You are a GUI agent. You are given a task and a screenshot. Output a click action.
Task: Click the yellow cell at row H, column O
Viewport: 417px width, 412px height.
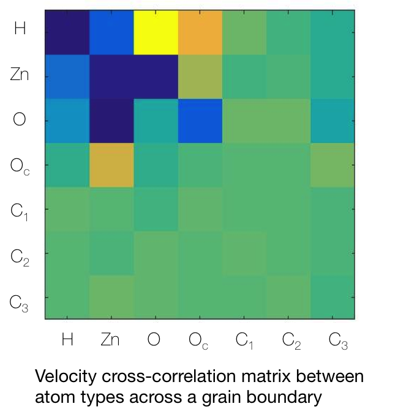[x=156, y=32]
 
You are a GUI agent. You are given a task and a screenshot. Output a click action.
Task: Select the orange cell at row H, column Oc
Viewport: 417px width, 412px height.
[x=200, y=32]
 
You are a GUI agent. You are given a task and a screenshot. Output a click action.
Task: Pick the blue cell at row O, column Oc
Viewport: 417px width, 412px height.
[x=200, y=120]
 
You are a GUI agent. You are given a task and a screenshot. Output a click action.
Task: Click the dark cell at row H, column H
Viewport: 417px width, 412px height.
[x=67, y=32]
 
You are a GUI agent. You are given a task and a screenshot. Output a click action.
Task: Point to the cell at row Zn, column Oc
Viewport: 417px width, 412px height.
[x=200, y=76]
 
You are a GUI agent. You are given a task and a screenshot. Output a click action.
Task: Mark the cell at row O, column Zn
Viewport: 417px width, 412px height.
[x=111, y=120]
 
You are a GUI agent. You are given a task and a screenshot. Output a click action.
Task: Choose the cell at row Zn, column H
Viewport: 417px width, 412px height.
[x=67, y=76]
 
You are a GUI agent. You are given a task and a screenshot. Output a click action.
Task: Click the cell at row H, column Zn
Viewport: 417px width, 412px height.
[x=111, y=32]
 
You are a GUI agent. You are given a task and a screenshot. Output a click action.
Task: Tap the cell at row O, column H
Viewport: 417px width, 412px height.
[x=67, y=120]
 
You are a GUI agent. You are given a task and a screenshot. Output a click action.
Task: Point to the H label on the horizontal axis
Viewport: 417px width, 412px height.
[x=67, y=339]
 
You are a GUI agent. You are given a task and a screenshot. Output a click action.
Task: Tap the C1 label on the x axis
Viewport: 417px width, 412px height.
[x=246, y=340]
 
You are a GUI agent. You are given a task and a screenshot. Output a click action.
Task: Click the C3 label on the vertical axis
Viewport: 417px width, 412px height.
[x=20, y=302]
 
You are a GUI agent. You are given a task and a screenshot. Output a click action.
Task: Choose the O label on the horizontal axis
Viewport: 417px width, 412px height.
[x=154, y=339]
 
